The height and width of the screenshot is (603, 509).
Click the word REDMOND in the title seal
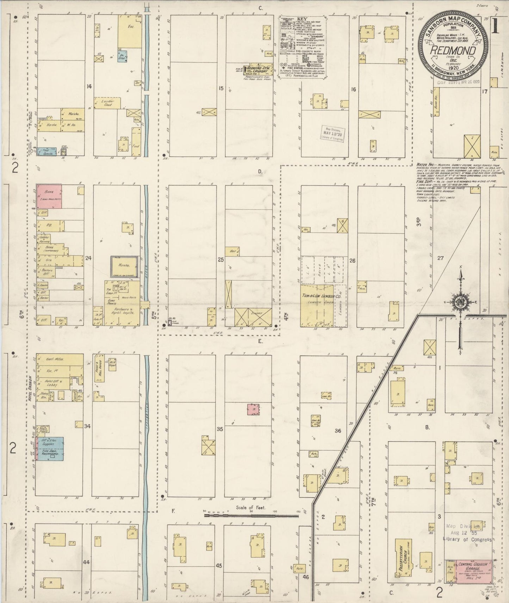point(452,51)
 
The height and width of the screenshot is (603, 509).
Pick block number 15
point(221,88)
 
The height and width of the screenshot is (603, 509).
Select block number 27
point(440,258)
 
